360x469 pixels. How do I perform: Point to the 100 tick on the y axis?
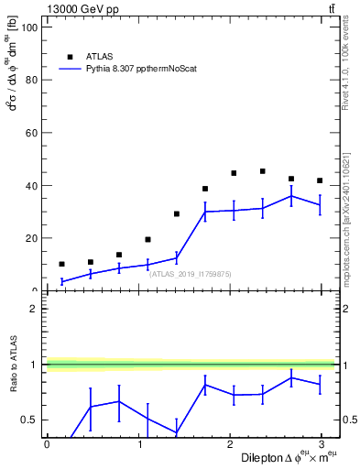tap(29, 27)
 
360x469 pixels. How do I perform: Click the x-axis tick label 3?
tap(324, 444)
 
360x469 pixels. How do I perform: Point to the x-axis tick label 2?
tap(232, 444)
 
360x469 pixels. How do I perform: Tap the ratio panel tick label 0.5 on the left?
tap(28, 420)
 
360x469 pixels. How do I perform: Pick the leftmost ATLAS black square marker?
tap(61, 264)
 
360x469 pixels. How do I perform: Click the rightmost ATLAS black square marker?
tap(320, 180)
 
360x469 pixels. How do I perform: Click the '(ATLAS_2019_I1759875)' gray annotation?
tap(191, 273)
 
